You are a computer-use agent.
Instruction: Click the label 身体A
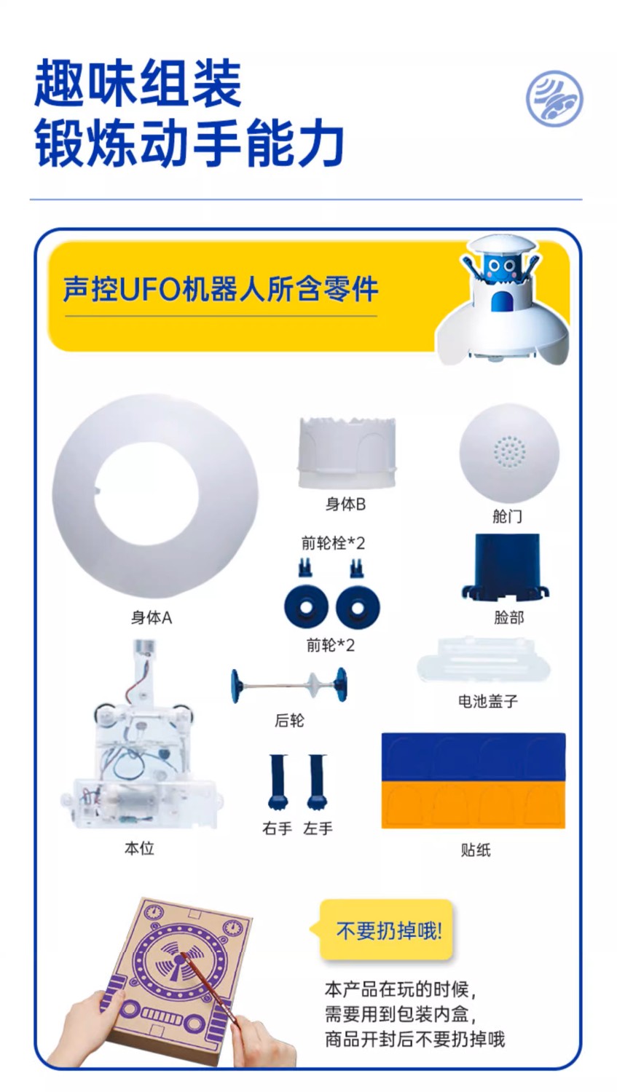click(152, 618)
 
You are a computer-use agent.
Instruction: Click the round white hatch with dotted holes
click(508, 454)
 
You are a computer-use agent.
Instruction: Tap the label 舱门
click(507, 516)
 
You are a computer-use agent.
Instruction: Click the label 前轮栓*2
click(333, 542)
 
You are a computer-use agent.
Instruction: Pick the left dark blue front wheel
click(306, 607)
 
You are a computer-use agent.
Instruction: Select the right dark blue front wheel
click(358, 607)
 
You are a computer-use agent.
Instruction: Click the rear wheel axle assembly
click(289, 686)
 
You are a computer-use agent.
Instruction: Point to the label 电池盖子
click(488, 701)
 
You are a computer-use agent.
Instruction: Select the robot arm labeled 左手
click(317, 782)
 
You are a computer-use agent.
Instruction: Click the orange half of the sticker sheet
click(473, 805)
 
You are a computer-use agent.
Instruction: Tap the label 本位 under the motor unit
click(139, 849)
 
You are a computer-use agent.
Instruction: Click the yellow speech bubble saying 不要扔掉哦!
click(386, 930)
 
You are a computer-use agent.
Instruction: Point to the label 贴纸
click(476, 850)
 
